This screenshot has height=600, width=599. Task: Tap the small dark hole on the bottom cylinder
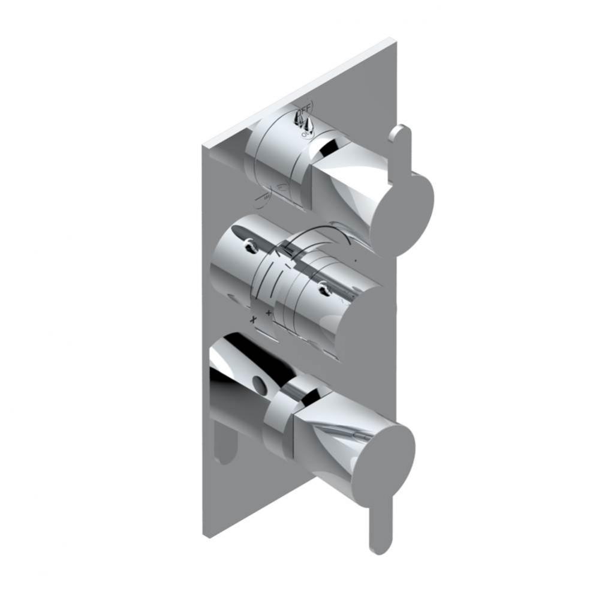(259, 381)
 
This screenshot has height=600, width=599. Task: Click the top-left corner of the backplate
(204, 144)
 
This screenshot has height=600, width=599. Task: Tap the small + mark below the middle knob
(268, 313)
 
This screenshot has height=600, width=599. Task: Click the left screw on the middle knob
(247, 244)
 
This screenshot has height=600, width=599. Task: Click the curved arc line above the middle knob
(324, 232)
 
